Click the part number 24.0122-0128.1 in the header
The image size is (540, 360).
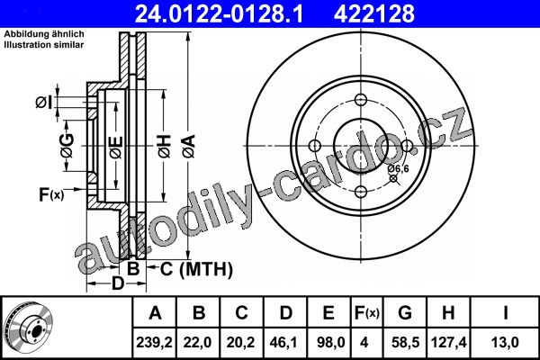[x=219, y=13]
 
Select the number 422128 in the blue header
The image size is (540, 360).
[x=374, y=13]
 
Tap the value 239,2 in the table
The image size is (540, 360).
[x=155, y=342]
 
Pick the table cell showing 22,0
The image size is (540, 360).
[x=197, y=342]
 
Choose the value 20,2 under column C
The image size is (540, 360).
[x=240, y=342]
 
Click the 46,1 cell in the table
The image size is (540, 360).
[x=285, y=342]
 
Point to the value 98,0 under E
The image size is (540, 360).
[x=328, y=342]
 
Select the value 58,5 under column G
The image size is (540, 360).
[x=405, y=342]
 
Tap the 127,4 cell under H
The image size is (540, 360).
[x=449, y=342]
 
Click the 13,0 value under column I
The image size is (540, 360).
[x=505, y=342]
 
